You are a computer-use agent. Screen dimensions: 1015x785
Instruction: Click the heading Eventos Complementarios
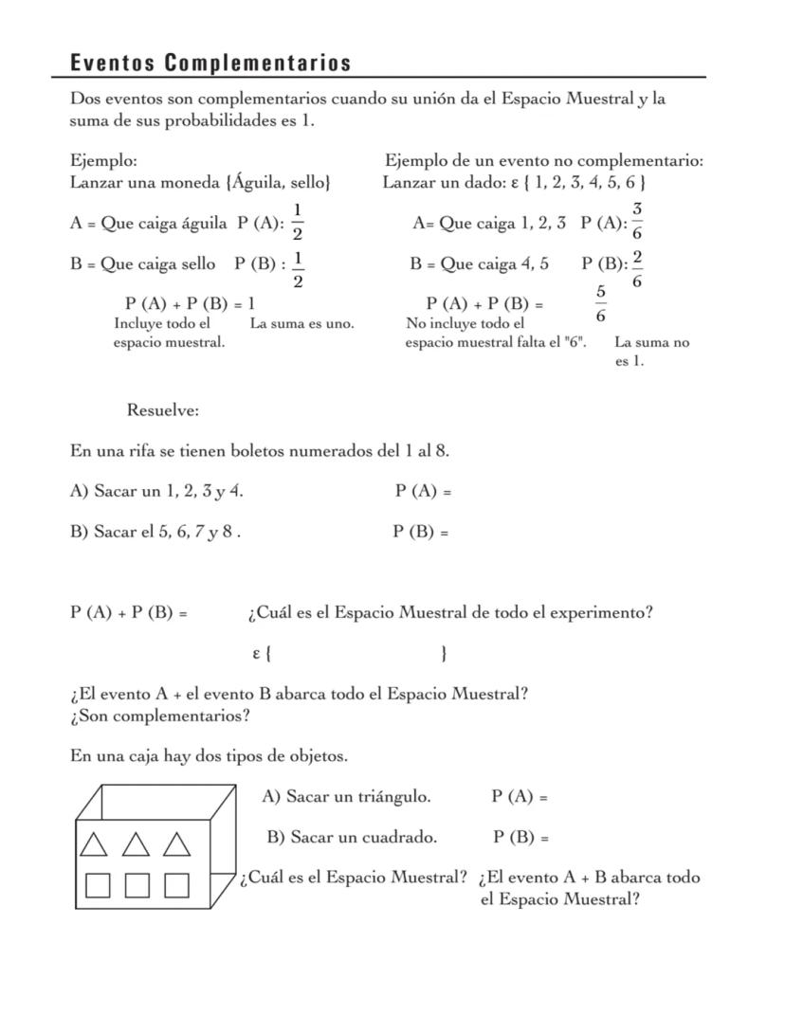click(x=210, y=63)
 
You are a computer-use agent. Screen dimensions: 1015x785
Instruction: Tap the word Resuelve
click(x=163, y=410)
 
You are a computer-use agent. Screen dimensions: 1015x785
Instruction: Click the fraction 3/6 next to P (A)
click(x=636, y=221)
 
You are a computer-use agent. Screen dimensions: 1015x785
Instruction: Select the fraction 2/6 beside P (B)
click(x=636, y=268)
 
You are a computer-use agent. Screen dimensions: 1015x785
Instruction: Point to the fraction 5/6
click(x=600, y=303)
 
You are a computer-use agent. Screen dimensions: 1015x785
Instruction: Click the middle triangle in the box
click(x=136, y=843)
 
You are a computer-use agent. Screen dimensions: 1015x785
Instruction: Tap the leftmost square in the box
click(x=98, y=885)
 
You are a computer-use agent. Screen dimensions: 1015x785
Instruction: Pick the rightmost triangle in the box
click(x=176, y=843)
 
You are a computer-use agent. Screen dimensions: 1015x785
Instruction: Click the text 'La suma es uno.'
click(x=301, y=324)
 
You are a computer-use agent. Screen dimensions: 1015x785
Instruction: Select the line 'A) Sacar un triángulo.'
click(x=346, y=797)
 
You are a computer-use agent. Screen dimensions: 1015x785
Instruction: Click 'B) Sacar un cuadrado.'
click(x=352, y=837)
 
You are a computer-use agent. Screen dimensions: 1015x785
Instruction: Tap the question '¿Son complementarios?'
click(x=159, y=716)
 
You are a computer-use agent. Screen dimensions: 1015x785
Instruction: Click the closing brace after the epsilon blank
click(x=445, y=653)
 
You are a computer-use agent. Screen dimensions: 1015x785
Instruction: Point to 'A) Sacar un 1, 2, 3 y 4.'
click(x=162, y=491)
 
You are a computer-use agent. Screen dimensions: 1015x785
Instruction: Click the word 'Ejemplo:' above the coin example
click(x=103, y=160)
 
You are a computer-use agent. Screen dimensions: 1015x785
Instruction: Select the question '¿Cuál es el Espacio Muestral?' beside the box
click(x=354, y=878)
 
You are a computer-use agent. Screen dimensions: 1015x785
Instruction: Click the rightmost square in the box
click(x=176, y=885)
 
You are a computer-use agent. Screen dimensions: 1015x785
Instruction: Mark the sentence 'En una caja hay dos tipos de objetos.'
click(x=209, y=756)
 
